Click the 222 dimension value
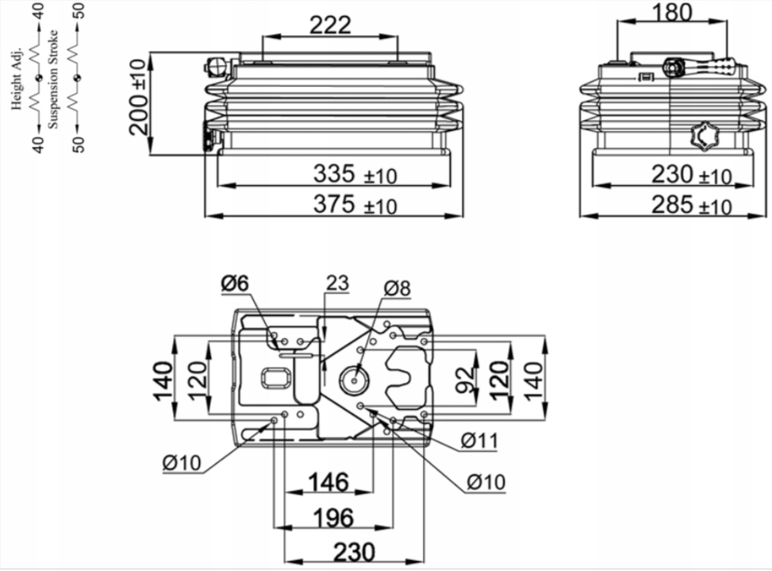[330, 25]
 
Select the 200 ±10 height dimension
[139, 98]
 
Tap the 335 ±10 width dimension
[355, 175]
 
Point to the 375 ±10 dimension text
[355, 204]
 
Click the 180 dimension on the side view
[671, 13]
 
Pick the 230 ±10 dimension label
[691, 175]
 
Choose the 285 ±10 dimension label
[691, 205]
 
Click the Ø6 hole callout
[236, 284]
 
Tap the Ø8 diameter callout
[397, 288]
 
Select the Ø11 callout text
[479, 441]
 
